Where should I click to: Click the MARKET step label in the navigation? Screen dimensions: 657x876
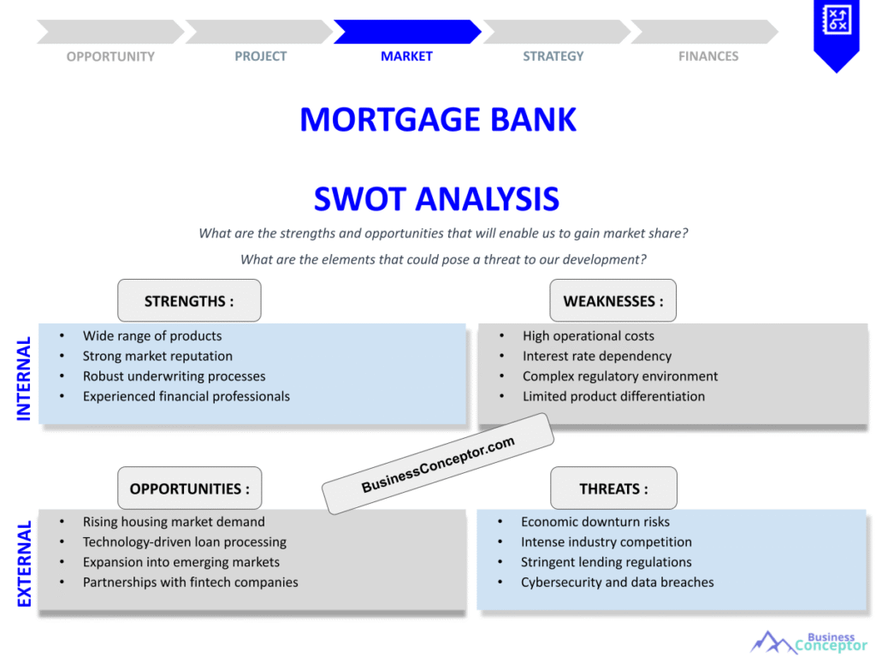pyautogui.click(x=406, y=56)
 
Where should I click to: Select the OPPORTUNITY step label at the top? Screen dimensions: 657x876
pyautogui.click(x=110, y=56)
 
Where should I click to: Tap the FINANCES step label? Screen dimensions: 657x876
pyautogui.click(x=708, y=56)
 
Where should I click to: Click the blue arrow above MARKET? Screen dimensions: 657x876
pyautogui.click(x=406, y=32)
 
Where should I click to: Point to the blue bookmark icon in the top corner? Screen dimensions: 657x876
pyautogui.click(x=835, y=33)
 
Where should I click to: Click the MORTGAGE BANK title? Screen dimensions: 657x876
pyautogui.click(x=438, y=120)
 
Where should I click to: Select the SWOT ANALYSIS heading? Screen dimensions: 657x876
pyautogui.click(x=436, y=199)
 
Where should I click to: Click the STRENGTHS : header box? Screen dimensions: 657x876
pyautogui.click(x=189, y=301)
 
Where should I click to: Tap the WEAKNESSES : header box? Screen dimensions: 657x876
pyautogui.click(x=613, y=301)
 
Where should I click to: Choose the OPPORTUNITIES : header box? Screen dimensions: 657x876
pyautogui.click(x=189, y=488)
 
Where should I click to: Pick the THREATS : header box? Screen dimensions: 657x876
pyautogui.click(x=613, y=488)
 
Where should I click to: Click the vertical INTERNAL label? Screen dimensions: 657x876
pyautogui.click(x=24, y=378)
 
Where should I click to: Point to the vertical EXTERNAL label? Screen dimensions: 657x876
pyautogui.click(x=24, y=564)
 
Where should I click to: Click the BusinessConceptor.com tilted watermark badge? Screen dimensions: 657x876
pyautogui.click(x=438, y=464)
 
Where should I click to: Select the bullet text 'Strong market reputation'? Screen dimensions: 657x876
pyautogui.click(x=157, y=356)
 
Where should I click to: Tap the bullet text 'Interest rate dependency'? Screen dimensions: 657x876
pyautogui.click(x=597, y=356)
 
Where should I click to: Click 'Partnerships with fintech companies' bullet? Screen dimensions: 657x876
pyautogui.click(x=190, y=583)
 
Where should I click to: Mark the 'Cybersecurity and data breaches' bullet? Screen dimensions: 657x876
pyautogui.click(x=617, y=583)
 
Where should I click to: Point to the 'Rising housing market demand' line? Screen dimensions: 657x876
pyautogui.click(x=174, y=522)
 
